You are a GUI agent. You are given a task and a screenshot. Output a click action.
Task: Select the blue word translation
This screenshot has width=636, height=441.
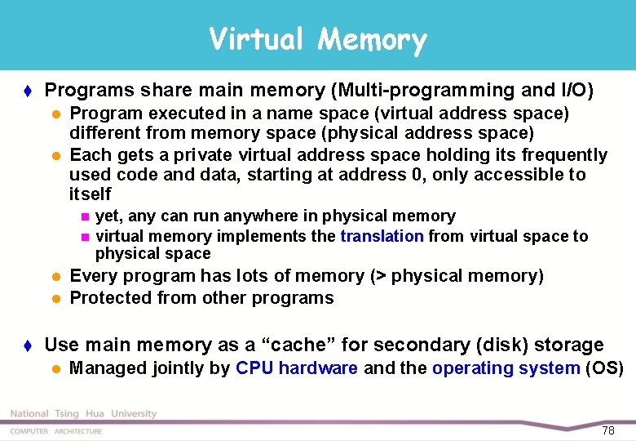pyautogui.click(x=382, y=237)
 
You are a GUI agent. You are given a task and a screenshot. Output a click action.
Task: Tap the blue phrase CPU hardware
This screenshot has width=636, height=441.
pyautogui.click(x=297, y=368)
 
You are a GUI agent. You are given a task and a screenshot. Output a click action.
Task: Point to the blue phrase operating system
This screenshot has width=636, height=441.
pyautogui.click(x=506, y=368)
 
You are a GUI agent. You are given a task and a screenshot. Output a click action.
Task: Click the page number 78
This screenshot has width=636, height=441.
pyautogui.click(x=608, y=430)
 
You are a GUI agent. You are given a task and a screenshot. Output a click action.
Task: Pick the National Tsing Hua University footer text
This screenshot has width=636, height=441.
pyautogui.click(x=83, y=414)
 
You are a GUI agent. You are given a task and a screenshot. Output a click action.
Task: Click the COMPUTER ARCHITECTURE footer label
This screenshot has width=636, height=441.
pyautogui.click(x=56, y=431)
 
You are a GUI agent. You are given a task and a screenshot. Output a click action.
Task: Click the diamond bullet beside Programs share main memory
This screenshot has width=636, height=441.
pyautogui.click(x=29, y=90)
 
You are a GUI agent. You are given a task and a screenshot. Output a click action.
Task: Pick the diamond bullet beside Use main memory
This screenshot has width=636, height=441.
pyautogui.click(x=29, y=345)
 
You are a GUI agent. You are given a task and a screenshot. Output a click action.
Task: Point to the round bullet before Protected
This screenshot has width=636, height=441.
pyautogui.click(x=56, y=299)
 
